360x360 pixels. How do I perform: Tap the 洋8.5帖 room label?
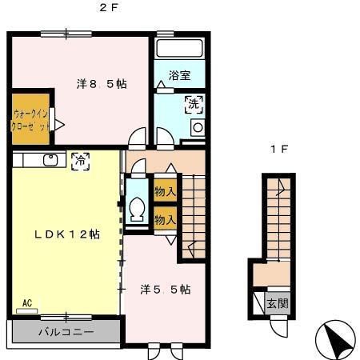(102, 83)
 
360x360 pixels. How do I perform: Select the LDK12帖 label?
(66, 234)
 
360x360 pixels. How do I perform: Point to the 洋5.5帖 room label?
(165, 289)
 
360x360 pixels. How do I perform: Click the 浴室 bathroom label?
(180, 77)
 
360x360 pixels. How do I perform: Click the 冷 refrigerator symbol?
(80, 160)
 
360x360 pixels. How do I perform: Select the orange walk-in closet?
(30, 120)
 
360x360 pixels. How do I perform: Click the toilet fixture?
(137, 210)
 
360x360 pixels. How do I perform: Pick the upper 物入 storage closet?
(165, 192)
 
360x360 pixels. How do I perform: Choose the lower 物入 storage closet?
(165, 218)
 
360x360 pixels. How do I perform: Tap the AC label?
(26, 304)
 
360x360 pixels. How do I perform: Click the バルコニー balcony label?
(66, 331)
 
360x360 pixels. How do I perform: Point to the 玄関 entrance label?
(277, 304)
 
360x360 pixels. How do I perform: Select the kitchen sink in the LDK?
(50, 160)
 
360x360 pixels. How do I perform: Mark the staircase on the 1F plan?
(277, 216)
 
